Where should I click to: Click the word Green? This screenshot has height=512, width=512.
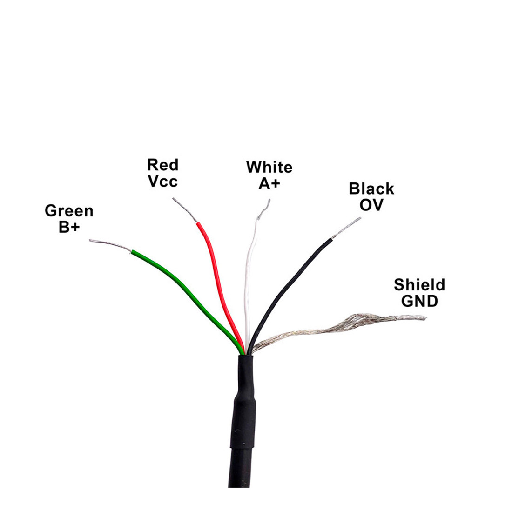pyautogui.click(x=69, y=210)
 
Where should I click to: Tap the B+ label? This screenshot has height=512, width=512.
pyautogui.click(x=69, y=227)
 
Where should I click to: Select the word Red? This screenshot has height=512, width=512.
pyautogui.click(x=162, y=165)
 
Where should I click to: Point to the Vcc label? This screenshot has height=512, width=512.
pyautogui.click(x=162, y=181)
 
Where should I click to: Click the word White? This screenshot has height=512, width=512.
pyautogui.click(x=269, y=167)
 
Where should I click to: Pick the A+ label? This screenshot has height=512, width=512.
pyautogui.click(x=269, y=183)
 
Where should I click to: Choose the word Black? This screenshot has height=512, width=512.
pyautogui.click(x=371, y=189)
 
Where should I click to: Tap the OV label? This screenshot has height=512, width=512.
pyautogui.click(x=371, y=205)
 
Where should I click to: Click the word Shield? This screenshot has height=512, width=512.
pyautogui.click(x=419, y=285)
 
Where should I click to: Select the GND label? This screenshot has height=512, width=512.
pyautogui.click(x=419, y=301)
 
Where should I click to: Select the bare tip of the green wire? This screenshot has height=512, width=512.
pyautogui.click(x=110, y=244)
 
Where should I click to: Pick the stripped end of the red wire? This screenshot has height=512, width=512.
pyautogui.click(x=185, y=210)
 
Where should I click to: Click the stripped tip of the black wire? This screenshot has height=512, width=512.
pyautogui.click(x=346, y=228)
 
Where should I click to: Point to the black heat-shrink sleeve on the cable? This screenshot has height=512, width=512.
pyautogui.click(x=243, y=402)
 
